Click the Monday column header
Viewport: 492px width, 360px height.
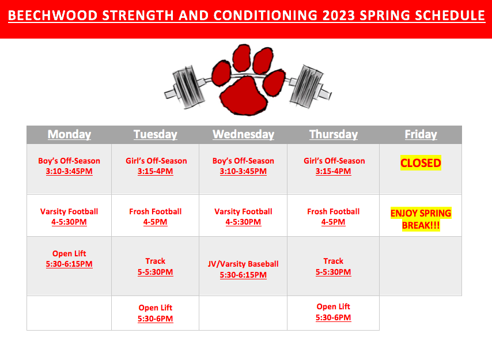point(69,134)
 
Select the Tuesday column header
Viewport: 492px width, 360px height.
point(156,134)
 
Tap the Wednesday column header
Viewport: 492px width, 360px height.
point(243,134)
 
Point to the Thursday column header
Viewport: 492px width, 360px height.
point(334,134)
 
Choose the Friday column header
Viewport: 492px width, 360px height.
point(421,134)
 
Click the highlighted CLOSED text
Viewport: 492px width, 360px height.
point(421,163)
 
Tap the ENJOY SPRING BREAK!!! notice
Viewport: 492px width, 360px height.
point(421,219)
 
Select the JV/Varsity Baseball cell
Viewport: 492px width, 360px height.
point(243,270)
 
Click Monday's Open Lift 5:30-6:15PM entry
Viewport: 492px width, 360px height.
point(69,259)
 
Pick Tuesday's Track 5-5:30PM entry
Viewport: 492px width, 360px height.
point(156,267)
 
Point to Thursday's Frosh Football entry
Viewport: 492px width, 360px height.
point(333,217)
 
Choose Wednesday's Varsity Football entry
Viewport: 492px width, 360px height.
point(243,217)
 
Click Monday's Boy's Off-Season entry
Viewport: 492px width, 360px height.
point(69,166)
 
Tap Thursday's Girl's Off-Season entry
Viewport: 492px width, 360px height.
point(334,166)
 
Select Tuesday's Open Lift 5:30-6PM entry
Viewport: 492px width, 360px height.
point(156,313)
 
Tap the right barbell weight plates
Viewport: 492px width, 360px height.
point(307,86)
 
